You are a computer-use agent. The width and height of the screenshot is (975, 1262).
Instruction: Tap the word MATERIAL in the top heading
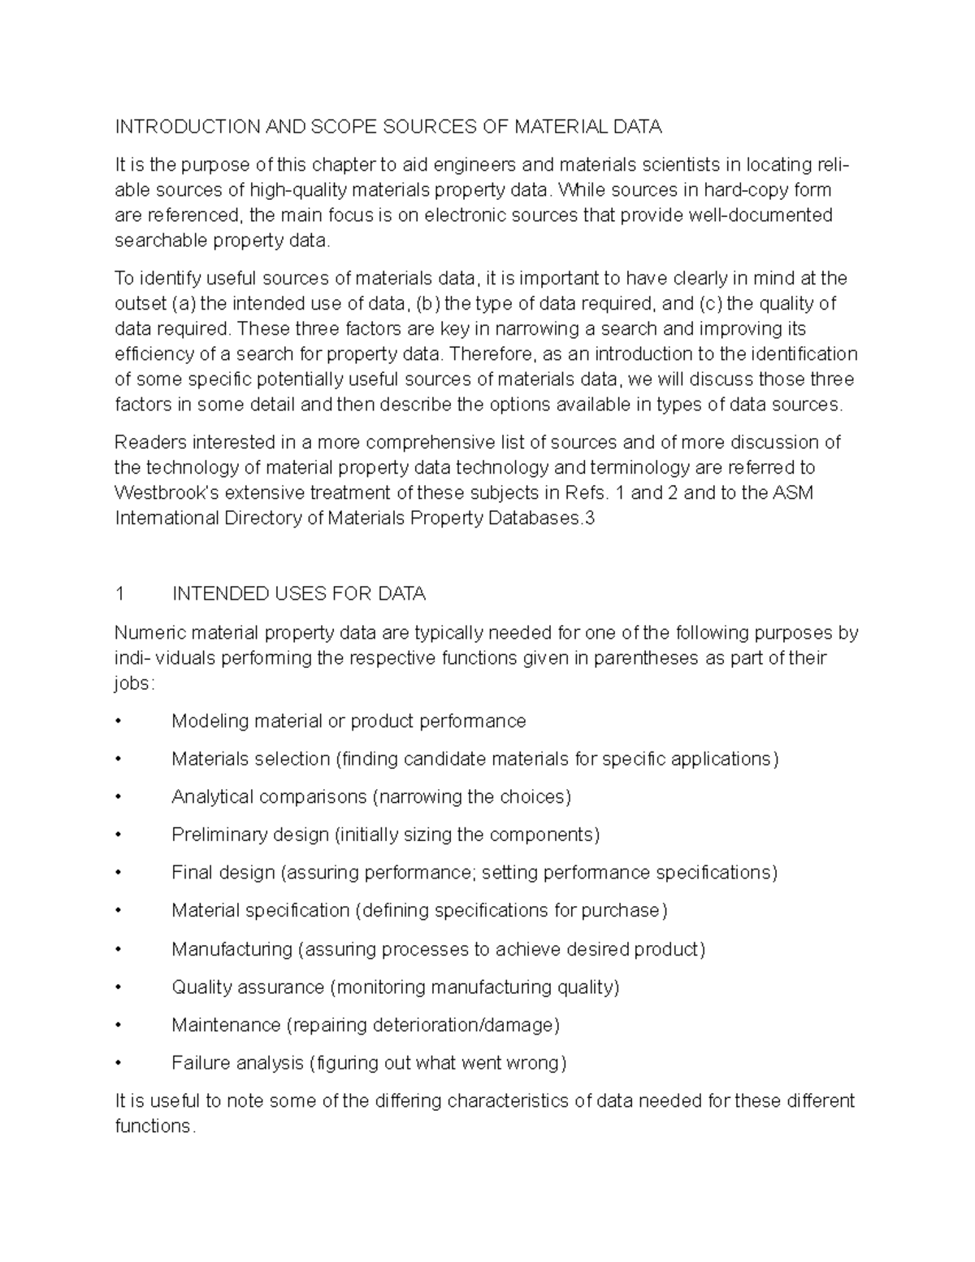pyautogui.click(x=561, y=127)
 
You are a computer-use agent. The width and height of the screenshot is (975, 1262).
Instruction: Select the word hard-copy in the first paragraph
pyautogui.click(x=743, y=190)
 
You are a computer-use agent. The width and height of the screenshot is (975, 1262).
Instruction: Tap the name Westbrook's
pyautogui.click(x=167, y=493)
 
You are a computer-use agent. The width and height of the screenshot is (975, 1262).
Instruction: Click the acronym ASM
pyautogui.click(x=792, y=493)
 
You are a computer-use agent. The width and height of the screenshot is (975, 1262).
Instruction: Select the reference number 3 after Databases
pyautogui.click(x=590, y=518)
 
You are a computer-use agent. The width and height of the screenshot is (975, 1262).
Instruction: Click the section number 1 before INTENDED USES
pyautogui.click(x=120, y=594)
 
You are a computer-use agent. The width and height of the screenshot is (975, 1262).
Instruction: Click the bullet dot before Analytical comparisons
pyautogui.click(x=119, y=798)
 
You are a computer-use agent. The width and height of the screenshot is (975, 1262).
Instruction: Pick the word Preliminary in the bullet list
pyautogui.click(x=219, y=835)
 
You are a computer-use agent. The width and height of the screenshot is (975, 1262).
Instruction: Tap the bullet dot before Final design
pyautogui.click(x=119, y=874)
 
